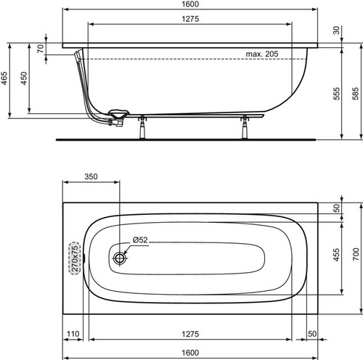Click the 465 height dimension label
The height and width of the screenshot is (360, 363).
point(4,78)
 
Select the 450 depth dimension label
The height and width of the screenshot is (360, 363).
point(24,78)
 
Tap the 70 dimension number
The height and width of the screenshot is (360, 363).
point(41,49)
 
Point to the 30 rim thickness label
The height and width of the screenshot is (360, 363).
point(336,30)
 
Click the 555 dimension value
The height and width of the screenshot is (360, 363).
point(336,94)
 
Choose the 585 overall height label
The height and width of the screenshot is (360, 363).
point(356,94)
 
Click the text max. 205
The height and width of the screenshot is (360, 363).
point(262,54)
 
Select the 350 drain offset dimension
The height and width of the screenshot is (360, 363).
point(91,176)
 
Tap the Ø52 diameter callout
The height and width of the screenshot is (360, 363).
point(140,240)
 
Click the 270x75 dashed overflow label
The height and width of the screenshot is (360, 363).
point(75,258)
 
